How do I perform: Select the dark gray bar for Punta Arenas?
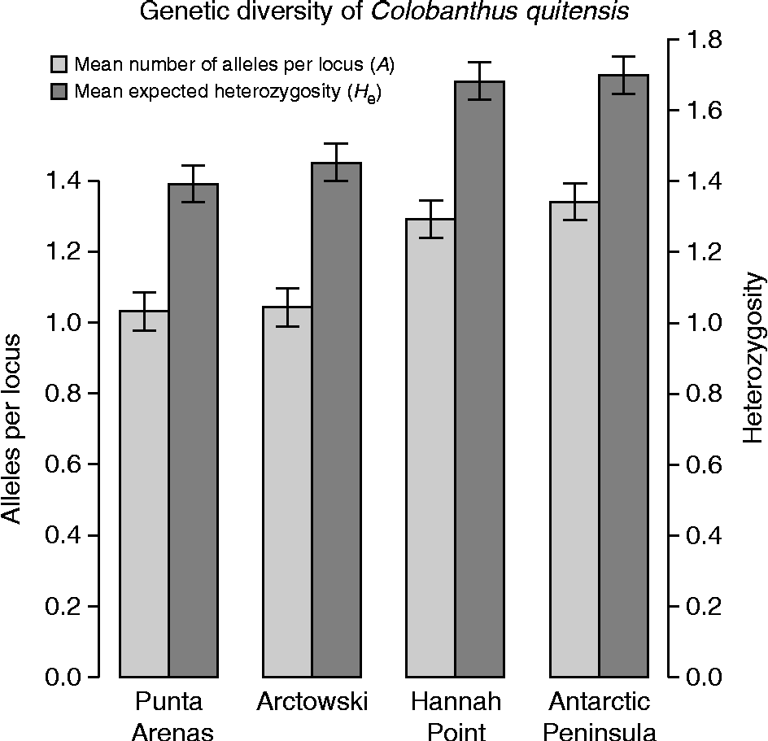(x=193, y=431)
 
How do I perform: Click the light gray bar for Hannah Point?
(x=430, y=447)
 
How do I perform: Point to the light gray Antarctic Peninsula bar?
(x=574, y=439)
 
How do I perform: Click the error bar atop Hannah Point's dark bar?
(x=479, y=81)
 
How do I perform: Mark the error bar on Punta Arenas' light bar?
(x=144, y=311)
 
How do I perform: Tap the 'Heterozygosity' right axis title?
(x=755, y=358)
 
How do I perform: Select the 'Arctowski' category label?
(x=312, y=702)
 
